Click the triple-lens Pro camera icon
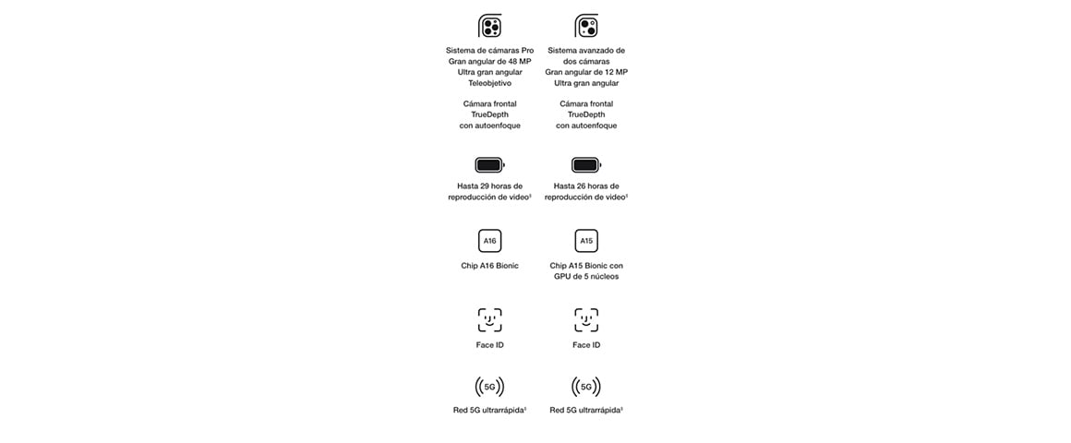point(489,27)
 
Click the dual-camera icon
point(586,27)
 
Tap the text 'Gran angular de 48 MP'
point(489,62)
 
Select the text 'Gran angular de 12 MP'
point(586,72)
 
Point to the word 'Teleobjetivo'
point(489,83)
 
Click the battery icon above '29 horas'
point(489,165)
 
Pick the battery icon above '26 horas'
point(586,165)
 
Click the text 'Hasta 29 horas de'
point(489,186)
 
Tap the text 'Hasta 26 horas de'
point(586,186)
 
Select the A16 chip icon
point(489,241)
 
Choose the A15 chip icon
point(586,241)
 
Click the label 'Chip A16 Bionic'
point(489,266)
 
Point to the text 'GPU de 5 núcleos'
point(586,277)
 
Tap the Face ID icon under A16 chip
point(489,320)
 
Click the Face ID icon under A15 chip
point(586,320)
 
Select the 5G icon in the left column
point(489,387)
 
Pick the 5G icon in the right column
point(586,387)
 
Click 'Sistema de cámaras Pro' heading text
point(489,51)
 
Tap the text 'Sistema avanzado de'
point(586,51)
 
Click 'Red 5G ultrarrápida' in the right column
point(584,411)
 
